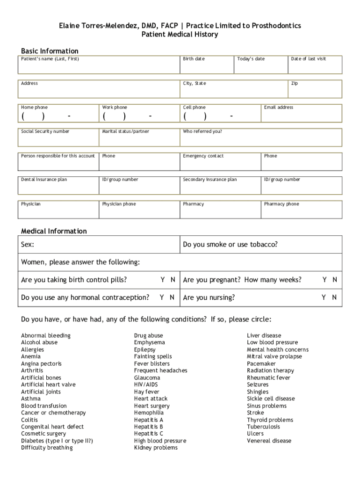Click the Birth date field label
tap(194, 59)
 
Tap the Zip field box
tap(315, 89)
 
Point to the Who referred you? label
tap(202, 131)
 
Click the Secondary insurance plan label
tap(210, 180)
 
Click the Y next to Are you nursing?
tap(323, 298)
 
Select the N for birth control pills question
tap(173, 280)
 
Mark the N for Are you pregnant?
tap(334, 280)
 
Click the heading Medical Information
tap(54, 231)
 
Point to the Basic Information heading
tap(50, 51)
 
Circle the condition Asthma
tap(31, 399)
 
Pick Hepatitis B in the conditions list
tap(148, 427)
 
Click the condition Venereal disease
tap(269, 441)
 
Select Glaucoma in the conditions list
tap(147, 377)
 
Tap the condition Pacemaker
tap(261, 363)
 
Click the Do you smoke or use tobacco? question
tap(230, 245)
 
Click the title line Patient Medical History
tap(180, 35)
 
